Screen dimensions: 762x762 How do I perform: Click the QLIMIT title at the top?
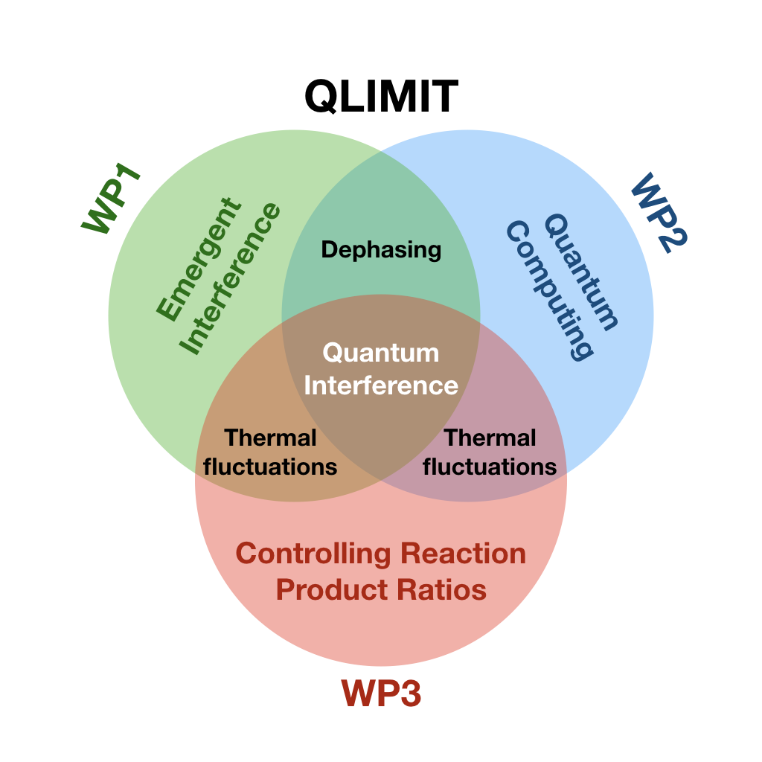pos(381,97)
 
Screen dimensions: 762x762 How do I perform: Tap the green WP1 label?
pos(112,203)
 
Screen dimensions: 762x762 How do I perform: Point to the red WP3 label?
pos(381,694)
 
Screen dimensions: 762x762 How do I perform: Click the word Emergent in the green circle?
pos(199,257)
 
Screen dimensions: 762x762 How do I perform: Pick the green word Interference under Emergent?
pos(231,278)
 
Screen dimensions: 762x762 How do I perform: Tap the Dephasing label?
pos(381,249)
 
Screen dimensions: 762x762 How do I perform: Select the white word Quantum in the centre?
pos(381,352)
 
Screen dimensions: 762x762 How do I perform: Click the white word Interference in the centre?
pos(381,385)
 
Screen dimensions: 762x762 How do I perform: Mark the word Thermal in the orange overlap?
pos(271,438)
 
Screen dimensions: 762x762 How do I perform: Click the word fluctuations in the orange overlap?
pos(271,467)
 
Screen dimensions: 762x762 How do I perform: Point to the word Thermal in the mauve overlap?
pos(490,438)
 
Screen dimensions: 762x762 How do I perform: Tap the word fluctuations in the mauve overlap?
pos(490,467)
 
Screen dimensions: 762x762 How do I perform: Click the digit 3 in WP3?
pos(409,694)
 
